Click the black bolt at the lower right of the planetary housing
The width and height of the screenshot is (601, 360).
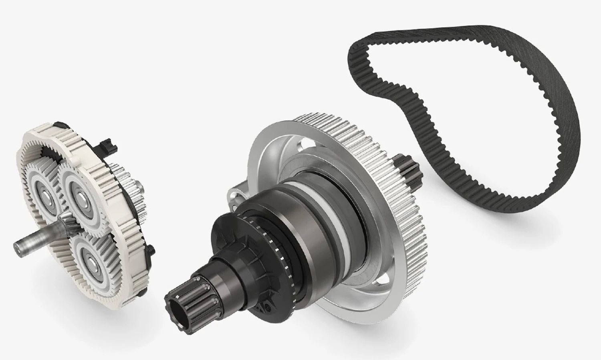coord(151,250)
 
